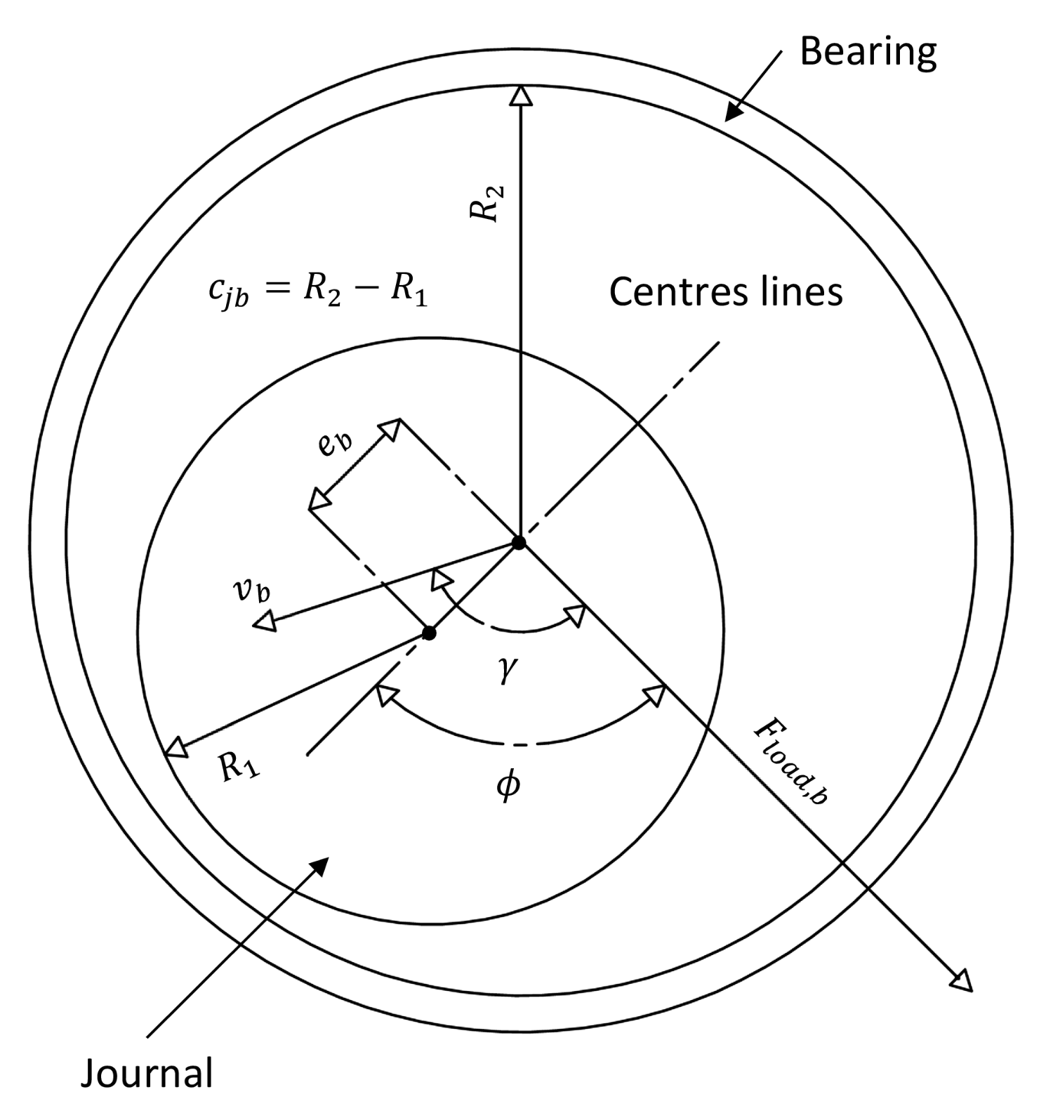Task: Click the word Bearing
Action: click(x=868, y=53)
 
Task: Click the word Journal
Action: click(x=147, y=1074)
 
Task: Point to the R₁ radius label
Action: click(x=239, y=767)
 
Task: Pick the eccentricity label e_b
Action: click(x=336, y=445)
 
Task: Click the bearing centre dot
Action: click(x=519, y=543)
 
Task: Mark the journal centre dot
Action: click(x=430, y=633)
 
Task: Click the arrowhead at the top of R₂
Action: click(x=520, y=96)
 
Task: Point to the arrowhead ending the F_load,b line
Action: click(x=963, y=982)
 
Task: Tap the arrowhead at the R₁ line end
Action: click(x=176, y=748)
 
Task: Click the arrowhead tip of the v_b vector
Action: click(x=263, y=622)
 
